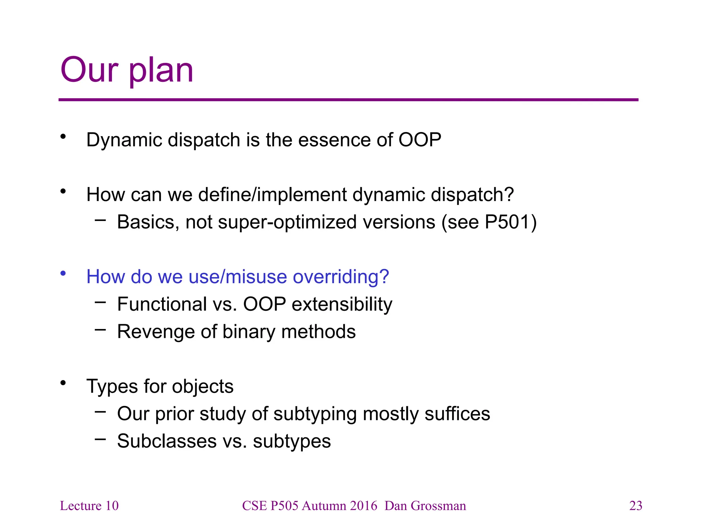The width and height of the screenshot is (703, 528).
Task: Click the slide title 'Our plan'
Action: [127, 70]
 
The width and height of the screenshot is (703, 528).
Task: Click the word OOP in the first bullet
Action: [419, 140]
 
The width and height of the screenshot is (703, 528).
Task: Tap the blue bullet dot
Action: [63, 273]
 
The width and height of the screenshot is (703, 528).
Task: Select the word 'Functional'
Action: [162, 304]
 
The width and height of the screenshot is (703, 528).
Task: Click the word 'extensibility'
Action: [342, 304]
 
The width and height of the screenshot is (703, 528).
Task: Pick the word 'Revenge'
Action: [156, 332]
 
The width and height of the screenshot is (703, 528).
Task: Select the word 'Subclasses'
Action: [167, 441]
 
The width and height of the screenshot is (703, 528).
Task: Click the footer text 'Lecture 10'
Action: [89, 506]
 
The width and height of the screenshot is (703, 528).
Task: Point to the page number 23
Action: [635, 506]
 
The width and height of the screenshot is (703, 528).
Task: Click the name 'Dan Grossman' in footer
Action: [425, 506]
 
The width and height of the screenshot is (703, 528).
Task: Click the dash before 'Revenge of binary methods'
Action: [100, 330]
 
